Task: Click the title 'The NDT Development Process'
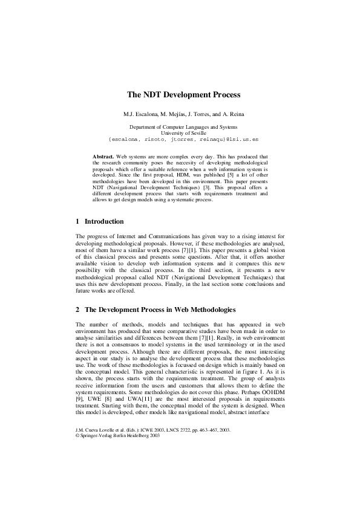(x=183, y=95)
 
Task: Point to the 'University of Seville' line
(x=183, y=132)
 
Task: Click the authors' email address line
(x=183, y=139)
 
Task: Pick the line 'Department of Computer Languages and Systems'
(x=183, y=127)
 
